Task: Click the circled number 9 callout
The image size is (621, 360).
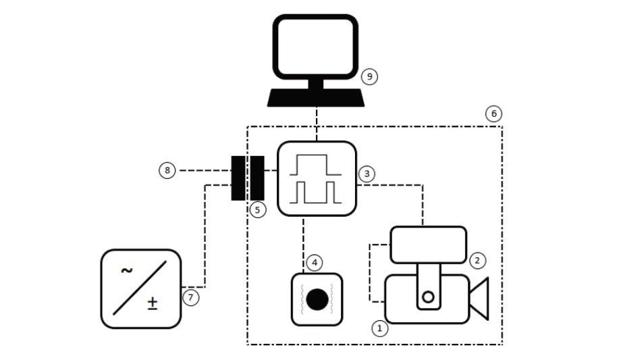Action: coord(369,76)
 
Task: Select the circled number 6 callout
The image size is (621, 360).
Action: coord(494,113)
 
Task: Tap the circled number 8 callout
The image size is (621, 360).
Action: coord(167,170)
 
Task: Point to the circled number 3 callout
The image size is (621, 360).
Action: coord(367,174)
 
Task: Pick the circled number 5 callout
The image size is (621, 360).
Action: coord(257,209)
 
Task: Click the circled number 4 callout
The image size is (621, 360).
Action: coord(315,261)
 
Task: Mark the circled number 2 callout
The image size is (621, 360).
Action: coord(477,259)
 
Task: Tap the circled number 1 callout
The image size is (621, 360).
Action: coord(380,328)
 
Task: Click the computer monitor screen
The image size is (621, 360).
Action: coord(315,47)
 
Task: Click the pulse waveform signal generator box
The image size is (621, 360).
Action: coord(317,179)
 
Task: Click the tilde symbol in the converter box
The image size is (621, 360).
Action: coord(126,272)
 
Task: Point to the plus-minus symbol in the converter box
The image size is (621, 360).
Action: coord(153,304)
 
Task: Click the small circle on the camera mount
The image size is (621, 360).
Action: coord(427,297)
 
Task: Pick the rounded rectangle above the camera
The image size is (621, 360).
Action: coord(429,245)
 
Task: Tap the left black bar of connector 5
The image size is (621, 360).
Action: coord(238,178)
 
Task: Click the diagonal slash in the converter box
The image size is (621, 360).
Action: coord(140,288)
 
